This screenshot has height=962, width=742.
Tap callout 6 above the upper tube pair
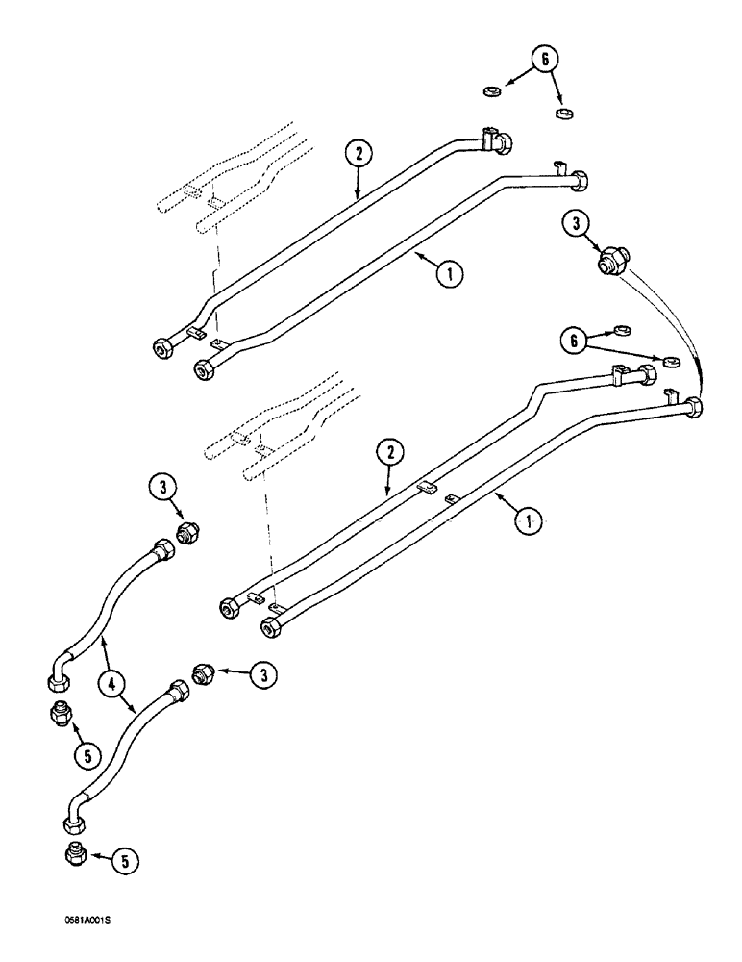pyautogui.click(x=545, y=60)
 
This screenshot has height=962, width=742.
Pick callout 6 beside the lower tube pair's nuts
pyautogui.click(x=574, y=340)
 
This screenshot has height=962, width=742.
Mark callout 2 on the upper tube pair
pyautogui.click(x=357, y=154)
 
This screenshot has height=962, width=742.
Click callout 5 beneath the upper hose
pyautogui.click(x=88, y=756)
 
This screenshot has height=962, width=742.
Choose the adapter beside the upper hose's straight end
pyautogui.click(x=188, y=530)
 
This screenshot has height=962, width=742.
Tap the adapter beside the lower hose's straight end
pyautogui.click(x=203, y=674)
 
